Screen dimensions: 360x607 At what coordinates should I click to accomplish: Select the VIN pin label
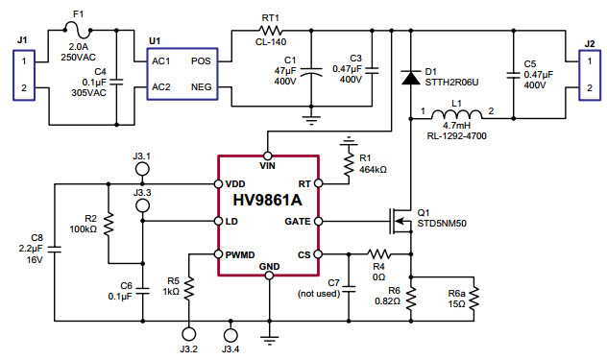269,165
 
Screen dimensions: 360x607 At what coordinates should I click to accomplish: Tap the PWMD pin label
242,254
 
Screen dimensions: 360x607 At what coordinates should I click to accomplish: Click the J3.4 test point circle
230,334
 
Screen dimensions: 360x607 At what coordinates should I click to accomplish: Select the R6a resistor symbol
473,299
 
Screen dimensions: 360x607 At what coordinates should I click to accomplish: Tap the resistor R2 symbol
109,225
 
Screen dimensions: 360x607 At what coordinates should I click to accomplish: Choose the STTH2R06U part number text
450,81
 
